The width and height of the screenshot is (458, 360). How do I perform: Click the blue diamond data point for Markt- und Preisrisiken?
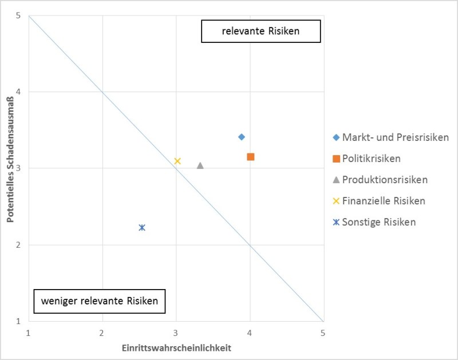[x=242, y=137]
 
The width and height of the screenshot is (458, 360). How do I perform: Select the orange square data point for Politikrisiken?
[x=251, y=157]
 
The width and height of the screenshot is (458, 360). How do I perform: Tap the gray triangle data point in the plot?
[x=200, y=165]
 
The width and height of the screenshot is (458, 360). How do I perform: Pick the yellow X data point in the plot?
[x=177, y=161]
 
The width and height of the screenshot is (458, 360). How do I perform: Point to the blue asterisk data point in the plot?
[x=142, y=227]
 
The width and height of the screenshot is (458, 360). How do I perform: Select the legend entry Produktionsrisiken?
[x=385, y=180]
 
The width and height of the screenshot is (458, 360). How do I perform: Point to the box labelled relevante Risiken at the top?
[x=260, y=32]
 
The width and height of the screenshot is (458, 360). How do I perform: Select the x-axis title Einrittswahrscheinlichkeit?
[x=176, y=347]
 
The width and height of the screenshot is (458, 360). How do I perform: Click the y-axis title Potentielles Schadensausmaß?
[x=10, y=168]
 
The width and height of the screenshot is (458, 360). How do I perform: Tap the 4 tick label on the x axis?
[x=249, y=333]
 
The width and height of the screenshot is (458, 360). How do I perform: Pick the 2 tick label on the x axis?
[x=102, y=333]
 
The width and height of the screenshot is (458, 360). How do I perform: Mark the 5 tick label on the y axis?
[x=18, y=15]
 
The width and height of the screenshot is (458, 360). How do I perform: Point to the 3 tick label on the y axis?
[x=18, y=168]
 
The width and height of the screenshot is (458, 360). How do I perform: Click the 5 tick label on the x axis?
[x=323, y=333]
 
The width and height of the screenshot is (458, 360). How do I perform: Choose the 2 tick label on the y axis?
[x=18, y=245]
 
